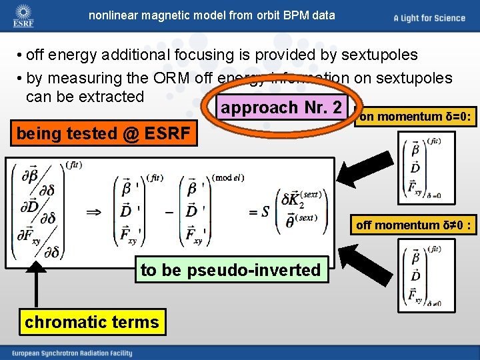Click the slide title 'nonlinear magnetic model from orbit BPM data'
click(x=212, y=15)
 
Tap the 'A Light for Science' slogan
click(x=429, y=18)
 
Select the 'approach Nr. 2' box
click(x=281, y=107)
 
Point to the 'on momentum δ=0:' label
click(x=416, y=117)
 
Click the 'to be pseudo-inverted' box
click(x=230, y=270)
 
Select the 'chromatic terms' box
click(x=92, y=322)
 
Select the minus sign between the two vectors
click(x=169, y=211)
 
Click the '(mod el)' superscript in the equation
click(x=228, y=177)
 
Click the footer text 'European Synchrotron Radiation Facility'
click(x=70, y=351)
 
